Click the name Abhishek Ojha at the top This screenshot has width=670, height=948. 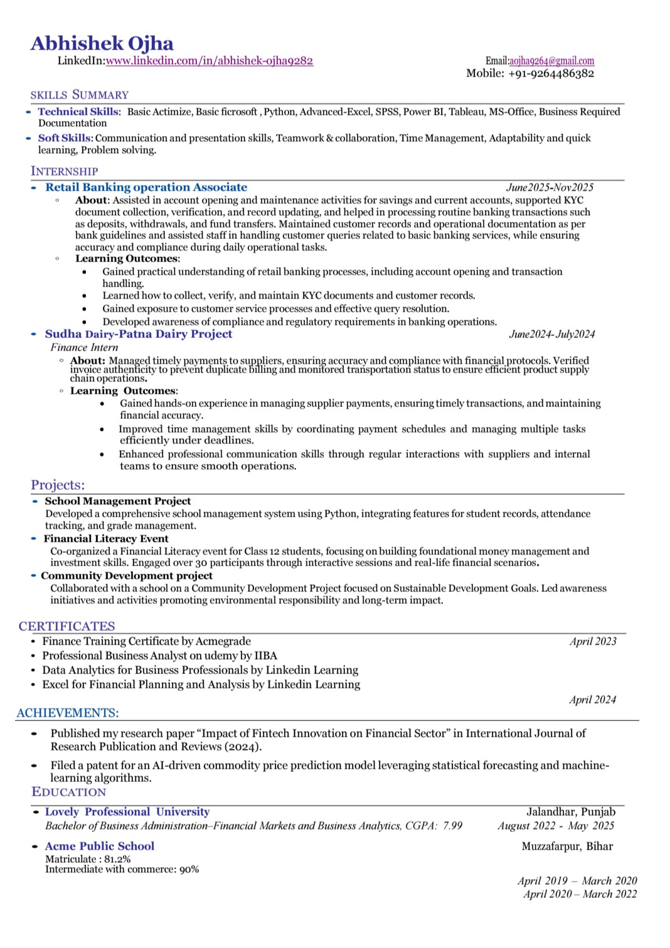(x=102, y=43)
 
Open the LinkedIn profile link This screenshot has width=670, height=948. (x=209, y=61)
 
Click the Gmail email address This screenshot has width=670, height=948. (x=551, y=61)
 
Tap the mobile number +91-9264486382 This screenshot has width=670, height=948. (x=551, y=73)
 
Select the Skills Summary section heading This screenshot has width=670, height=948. (x=80, y=95)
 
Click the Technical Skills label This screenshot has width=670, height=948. (x=78, y=112)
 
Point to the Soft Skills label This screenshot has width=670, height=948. (x=64, y=138)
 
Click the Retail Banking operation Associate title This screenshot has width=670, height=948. (x=146, y=187)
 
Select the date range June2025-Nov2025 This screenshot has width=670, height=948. (x=550, y=187)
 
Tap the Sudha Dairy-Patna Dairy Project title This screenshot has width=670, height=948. (x=139, y=334)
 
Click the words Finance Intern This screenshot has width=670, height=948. (x=84, y=347)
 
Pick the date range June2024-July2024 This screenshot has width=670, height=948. (x=551, y=334)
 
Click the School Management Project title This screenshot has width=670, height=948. (x=118, y=501)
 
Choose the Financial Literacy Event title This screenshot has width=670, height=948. (x=106, y=539)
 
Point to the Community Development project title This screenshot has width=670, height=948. (x=127, y=576)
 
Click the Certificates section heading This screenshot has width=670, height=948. (x=67, y=626)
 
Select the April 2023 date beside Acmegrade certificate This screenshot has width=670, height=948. (x=593, y=641)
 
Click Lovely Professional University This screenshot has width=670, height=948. (x=127, y=812)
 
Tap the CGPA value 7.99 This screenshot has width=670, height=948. (x=452, y=826)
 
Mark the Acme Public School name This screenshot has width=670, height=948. (x=100, y=846)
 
